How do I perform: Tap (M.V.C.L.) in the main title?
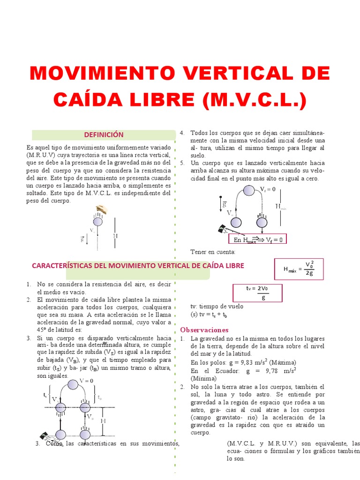pos(252,100)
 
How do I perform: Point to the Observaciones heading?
pos(204,330)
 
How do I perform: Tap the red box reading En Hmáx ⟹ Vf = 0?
pos(257,240)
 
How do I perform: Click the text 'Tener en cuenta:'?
pos(212,252)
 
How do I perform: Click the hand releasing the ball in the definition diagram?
pos(101,209)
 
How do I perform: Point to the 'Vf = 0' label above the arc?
pos(268,189)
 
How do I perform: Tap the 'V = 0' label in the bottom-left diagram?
pos(86,380)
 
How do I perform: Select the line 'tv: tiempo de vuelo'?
pos(217,307)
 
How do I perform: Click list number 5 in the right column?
pos(182,163)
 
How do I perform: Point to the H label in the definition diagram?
pos(115,236)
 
